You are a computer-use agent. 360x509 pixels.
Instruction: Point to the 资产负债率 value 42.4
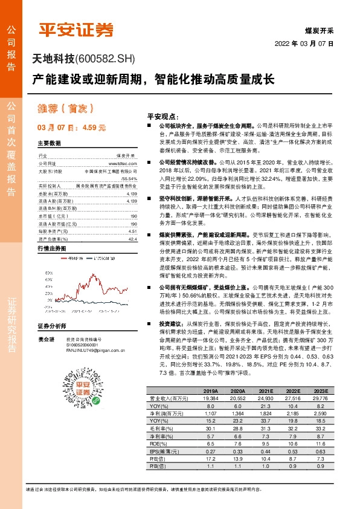pos(132,222)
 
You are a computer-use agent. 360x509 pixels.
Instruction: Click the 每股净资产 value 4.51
pos(132,213)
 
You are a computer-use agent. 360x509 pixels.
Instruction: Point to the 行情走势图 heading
pos(51,232)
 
